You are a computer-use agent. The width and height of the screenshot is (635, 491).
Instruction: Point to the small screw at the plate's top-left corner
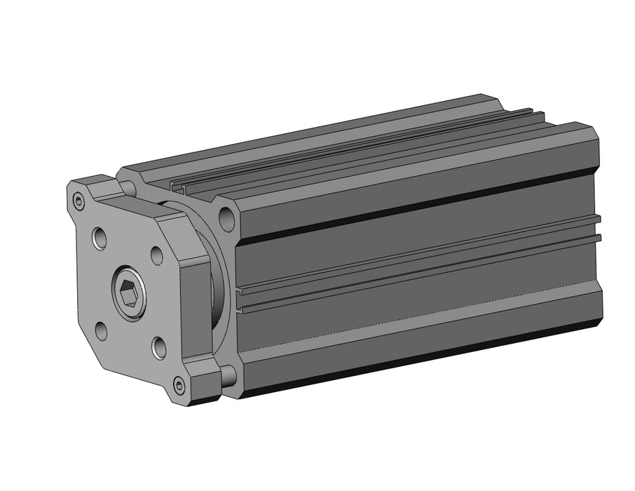click(78, 203)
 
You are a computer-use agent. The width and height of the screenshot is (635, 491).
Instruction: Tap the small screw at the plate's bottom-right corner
click(180, 384)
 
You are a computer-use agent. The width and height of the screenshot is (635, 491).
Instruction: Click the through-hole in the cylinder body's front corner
click(226, 219)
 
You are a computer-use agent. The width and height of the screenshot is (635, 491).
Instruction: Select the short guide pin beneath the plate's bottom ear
click(228, 377)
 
